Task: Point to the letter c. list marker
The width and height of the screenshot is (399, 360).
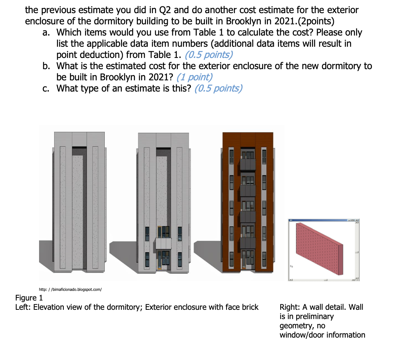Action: (x=47, y=88)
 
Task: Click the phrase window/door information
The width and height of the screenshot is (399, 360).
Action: (x=322, y=335)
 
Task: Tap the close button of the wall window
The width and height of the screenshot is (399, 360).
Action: (x=358, y=220)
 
